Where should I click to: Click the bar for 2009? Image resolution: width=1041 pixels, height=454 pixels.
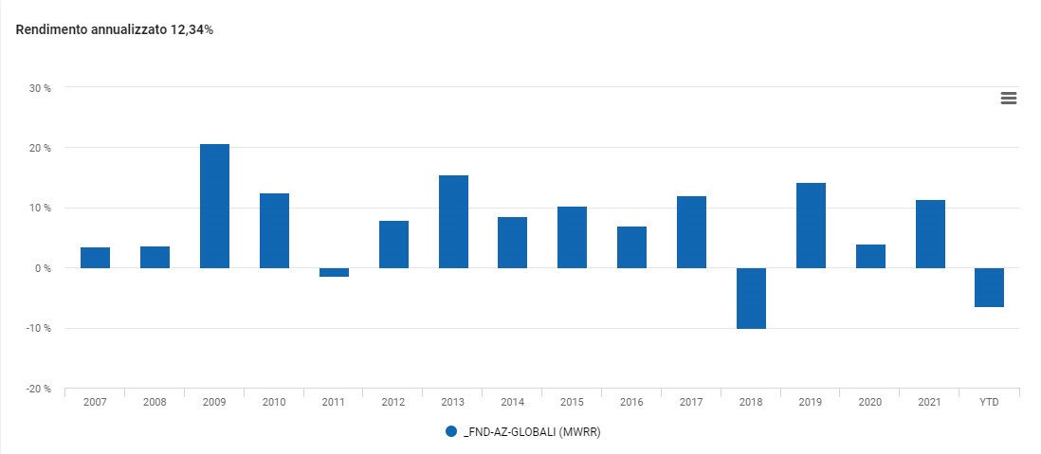tap(214, 207)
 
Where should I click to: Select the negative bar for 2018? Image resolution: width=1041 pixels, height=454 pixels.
tap(751, 298)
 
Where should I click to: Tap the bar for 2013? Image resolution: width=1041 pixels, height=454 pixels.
tap(453, 222)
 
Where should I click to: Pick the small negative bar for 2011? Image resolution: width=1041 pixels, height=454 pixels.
tap(334, 272)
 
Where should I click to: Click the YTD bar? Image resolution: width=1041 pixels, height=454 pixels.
tap(989, 287)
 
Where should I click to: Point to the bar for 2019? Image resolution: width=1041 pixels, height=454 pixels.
tap(811, 226)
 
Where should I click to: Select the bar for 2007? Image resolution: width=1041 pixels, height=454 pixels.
tap(95, 258)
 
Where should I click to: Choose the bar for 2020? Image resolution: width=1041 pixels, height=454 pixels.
tap(870, 257)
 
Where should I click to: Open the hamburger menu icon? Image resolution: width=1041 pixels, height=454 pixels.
tap(1008, 98)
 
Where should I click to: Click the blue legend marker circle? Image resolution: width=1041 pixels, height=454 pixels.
tap(451, 431)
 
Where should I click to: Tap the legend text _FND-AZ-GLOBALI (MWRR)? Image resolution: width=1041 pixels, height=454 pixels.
tap(533, 432)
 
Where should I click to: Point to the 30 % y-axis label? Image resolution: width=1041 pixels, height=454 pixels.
tap(40, 88)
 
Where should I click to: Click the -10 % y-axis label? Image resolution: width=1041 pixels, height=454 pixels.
tap(38, 328)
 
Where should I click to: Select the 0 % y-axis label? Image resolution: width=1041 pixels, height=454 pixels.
tap(43, 268)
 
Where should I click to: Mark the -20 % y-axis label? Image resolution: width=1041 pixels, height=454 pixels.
tap(38, 389)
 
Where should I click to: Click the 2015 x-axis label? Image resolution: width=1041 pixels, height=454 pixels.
tap(572, 402)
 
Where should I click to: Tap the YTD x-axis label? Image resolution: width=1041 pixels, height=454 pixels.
tap(989, 402)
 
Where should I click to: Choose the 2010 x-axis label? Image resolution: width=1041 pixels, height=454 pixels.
tap(274, 402)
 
